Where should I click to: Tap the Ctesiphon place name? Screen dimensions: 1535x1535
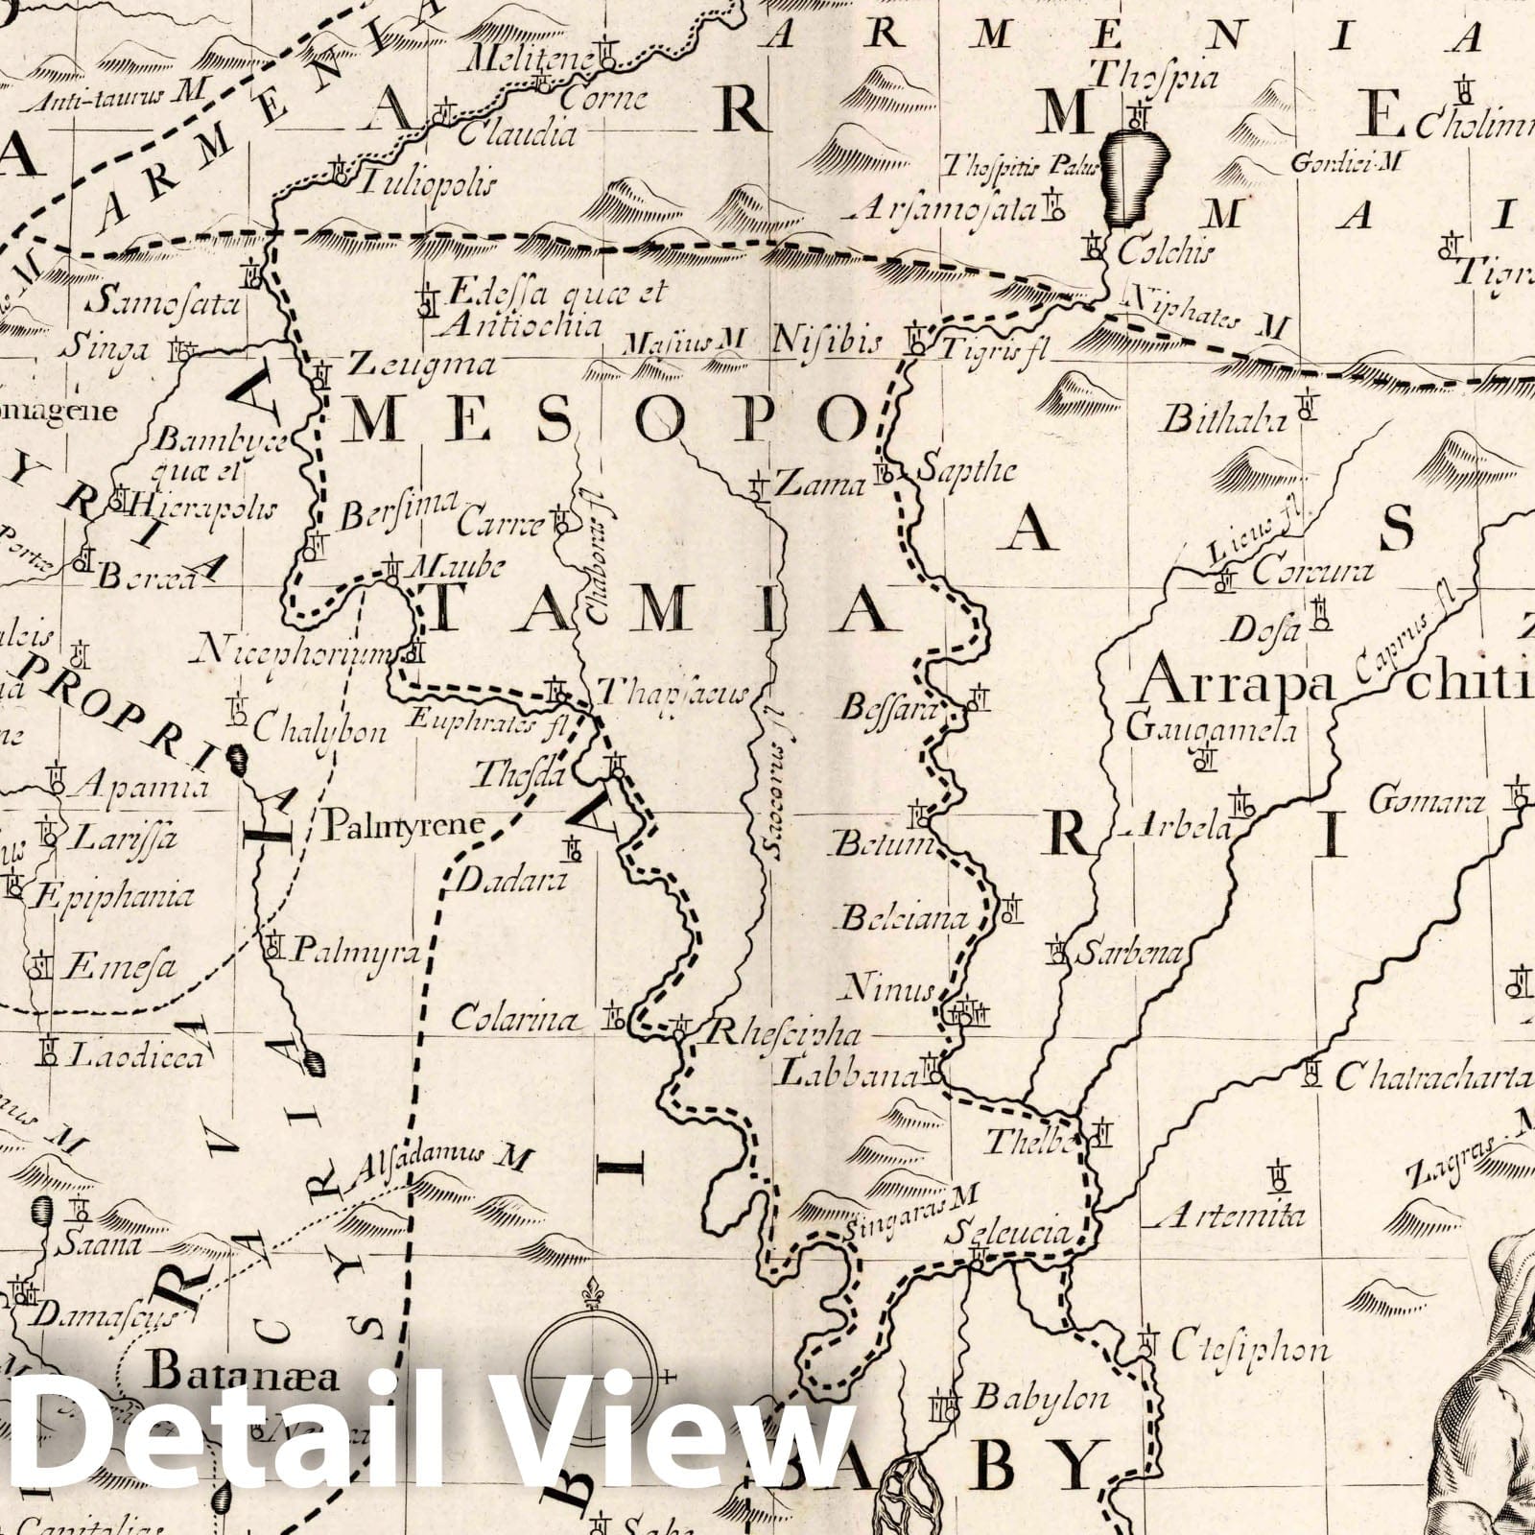[1250, 1348]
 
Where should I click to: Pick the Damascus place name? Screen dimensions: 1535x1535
[113, 1316]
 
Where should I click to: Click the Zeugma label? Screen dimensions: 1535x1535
[421, 366]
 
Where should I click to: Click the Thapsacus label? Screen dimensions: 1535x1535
[672, 693]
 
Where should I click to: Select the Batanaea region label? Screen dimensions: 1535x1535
[245, 1377]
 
